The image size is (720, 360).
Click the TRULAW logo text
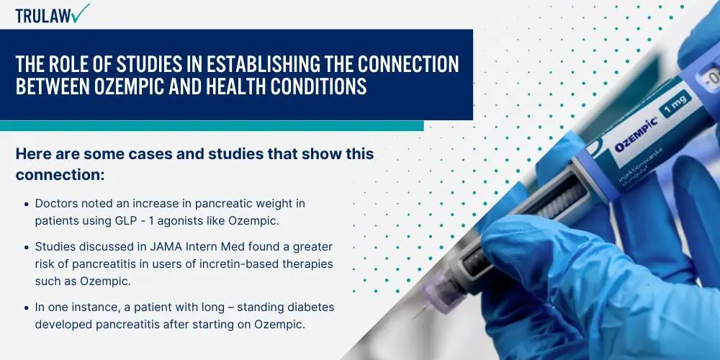[43, 16]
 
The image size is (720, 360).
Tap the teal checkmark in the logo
[81, 13]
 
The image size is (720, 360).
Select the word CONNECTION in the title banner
[408, 65]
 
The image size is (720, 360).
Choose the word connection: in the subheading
[60, 175]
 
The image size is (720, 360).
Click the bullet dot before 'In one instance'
[27, 307]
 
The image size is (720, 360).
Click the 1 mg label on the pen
[675, 102]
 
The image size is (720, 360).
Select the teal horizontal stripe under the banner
[212, 126]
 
